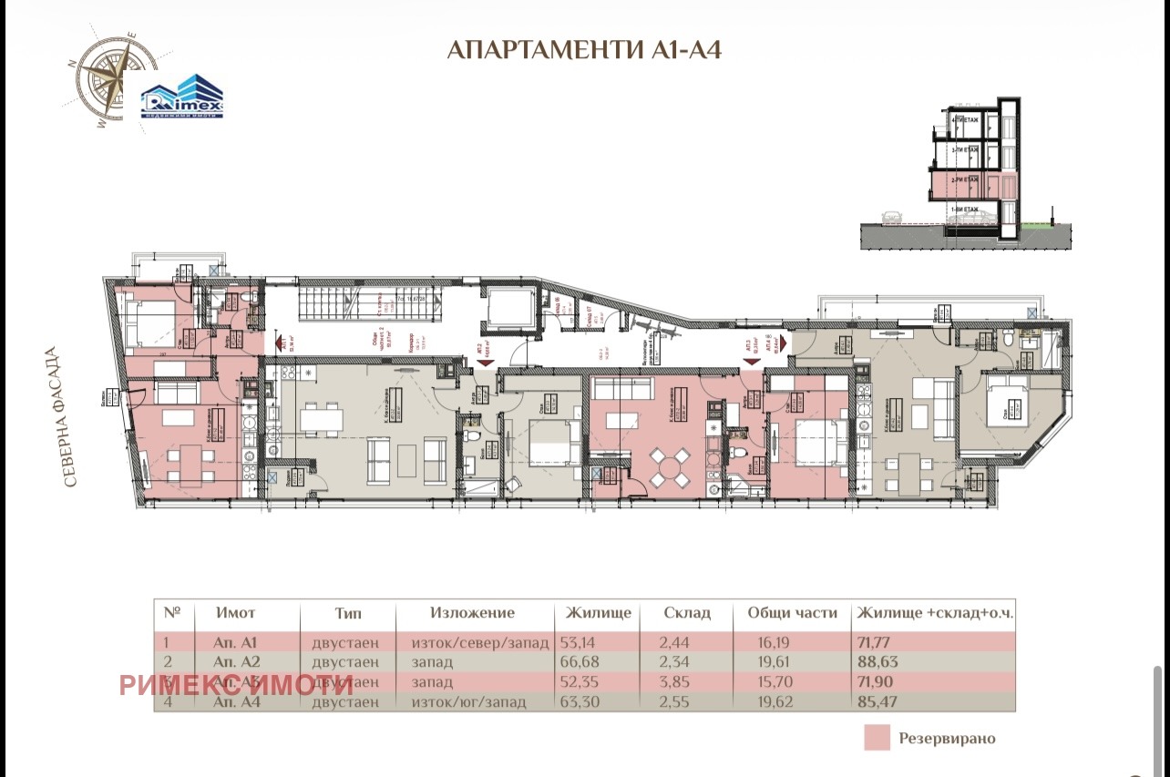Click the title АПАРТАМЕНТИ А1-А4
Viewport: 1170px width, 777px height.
pyautogui.click(x=584, y=49)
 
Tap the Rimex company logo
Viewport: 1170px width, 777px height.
pyautogui.click(x=181, y=96)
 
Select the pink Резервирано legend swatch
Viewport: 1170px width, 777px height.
pyautogui.click(x=877, y=737)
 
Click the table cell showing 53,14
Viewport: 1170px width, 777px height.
pyautogui.click(x=584, y=642)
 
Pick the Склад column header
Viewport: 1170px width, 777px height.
pyautogui.click(x=687, y=613)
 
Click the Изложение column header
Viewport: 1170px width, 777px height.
pyautogui.click(x=472, y=613)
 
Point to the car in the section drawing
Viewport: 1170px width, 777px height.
pyautogui.click(x=890, y=217)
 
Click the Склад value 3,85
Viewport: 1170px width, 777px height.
pyautogui.click(x=683, y=682)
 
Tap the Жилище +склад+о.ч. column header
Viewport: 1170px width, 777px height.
pyautogui.click(x=935, y=613)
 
